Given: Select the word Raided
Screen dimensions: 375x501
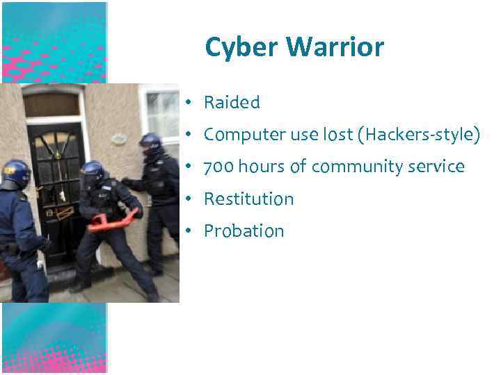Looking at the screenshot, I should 232,103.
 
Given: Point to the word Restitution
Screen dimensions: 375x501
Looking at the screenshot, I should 248,199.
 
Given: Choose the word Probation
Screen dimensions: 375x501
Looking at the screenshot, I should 244,231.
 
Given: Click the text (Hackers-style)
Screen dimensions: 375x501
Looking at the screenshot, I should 418,135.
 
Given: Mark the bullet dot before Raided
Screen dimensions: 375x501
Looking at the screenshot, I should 188,103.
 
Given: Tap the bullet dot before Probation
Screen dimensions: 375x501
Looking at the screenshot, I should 188,232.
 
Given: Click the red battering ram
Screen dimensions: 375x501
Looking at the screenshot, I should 111,221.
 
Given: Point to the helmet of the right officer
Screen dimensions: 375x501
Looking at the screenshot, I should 150,142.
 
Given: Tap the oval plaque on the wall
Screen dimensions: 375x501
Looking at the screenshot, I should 118,138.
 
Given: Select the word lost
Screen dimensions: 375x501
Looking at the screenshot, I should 337,135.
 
